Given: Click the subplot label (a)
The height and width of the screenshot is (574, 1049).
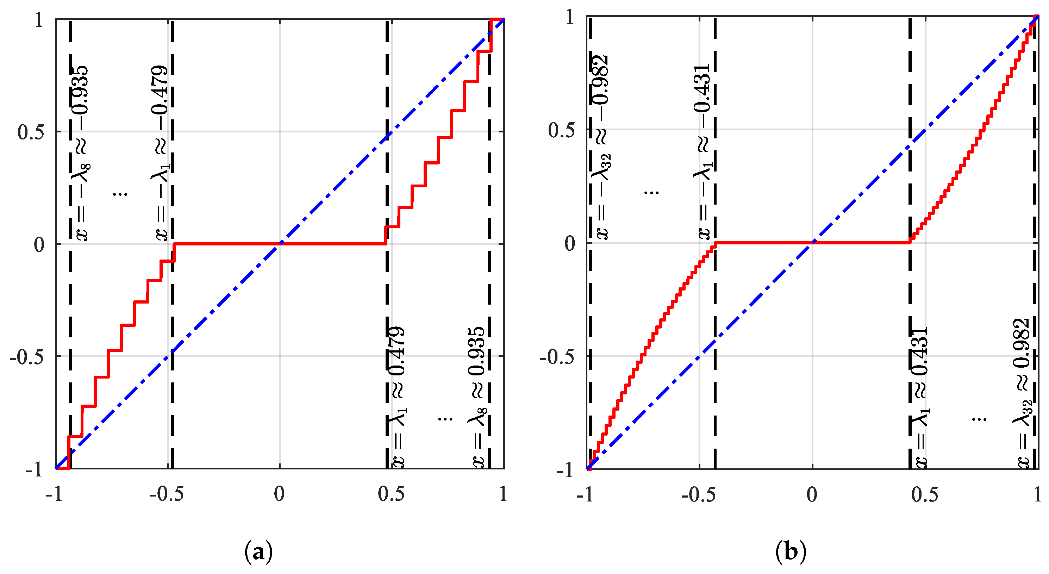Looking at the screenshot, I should pos(258,552).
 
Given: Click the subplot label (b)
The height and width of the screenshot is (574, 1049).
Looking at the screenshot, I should pos(791,552).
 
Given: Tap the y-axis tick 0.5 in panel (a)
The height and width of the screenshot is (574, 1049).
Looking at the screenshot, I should pos(31,132).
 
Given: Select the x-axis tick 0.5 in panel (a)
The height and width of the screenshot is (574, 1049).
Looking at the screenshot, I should pos(391,494).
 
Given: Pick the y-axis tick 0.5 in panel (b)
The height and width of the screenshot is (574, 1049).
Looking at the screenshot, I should pos(562,130).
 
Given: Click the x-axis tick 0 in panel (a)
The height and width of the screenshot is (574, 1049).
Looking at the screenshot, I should pos(279,494).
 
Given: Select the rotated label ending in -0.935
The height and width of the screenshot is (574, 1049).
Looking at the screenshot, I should pos(80,153).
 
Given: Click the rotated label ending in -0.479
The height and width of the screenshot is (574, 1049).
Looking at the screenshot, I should pos(160,153).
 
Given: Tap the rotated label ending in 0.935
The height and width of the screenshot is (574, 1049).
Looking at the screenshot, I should pos(477,397).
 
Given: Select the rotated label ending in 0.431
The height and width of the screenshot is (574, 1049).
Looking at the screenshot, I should pos(919,397).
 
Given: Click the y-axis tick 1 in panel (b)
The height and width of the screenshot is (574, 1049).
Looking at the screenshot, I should pos(570,18).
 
